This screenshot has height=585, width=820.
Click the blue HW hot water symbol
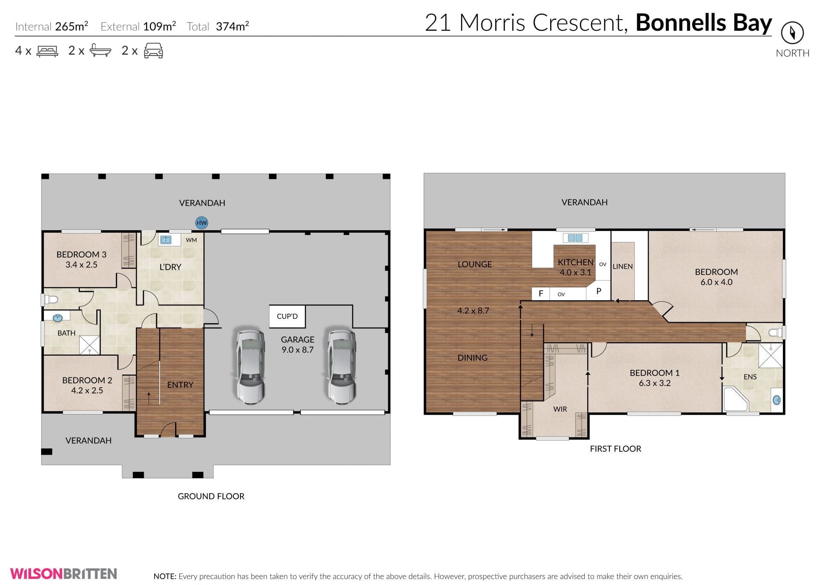click(x=202, y=222)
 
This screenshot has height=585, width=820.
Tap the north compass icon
click(x=792, y=33)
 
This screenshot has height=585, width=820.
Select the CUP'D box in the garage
click(x=287, y=316)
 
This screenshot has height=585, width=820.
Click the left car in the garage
click(x=251, y=366)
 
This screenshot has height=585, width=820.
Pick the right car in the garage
click(x=342, y=366)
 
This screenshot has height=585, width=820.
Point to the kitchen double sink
click(x=575, y=238)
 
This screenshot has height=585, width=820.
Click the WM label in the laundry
click(x=191, y=240)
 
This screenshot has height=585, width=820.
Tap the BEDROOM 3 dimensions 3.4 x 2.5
click(x=81, y=265)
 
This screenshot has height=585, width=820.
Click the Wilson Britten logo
click(x=64, y=573)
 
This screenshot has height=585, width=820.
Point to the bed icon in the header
click(x=47, y=51)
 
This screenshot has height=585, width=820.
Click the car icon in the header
click(x=153, y=51)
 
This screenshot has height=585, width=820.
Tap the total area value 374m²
click(x=232, y=26)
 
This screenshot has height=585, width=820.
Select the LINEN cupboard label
click(x=623, y=266)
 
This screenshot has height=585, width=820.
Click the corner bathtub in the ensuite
click(x=735, y=400)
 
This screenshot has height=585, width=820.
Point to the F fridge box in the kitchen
click(x=541, y=293)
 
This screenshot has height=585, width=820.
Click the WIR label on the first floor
click(x=560, y=409)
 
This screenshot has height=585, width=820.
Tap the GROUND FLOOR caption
click(x=211, y=496)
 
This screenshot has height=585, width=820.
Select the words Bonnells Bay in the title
click(x=704, y=23)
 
